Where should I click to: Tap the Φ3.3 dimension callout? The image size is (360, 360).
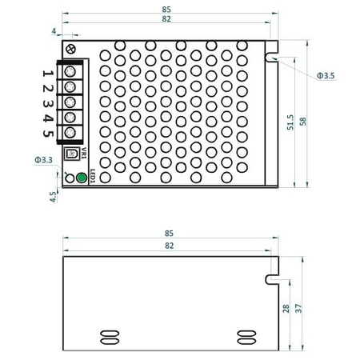pos(44,161)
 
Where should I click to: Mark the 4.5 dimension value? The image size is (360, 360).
pos(53,197)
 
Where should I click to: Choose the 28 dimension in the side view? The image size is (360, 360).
pos(286,308)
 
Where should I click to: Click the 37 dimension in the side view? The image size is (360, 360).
pos(298,308)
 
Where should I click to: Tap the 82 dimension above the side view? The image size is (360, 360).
pos(168,246)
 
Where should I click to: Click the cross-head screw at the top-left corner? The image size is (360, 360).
pos(73,49)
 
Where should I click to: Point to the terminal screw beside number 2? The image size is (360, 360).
pos(70,86)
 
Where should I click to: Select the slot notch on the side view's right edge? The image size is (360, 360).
pos(272,279)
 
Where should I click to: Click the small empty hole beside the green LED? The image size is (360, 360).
pos(69,178)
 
